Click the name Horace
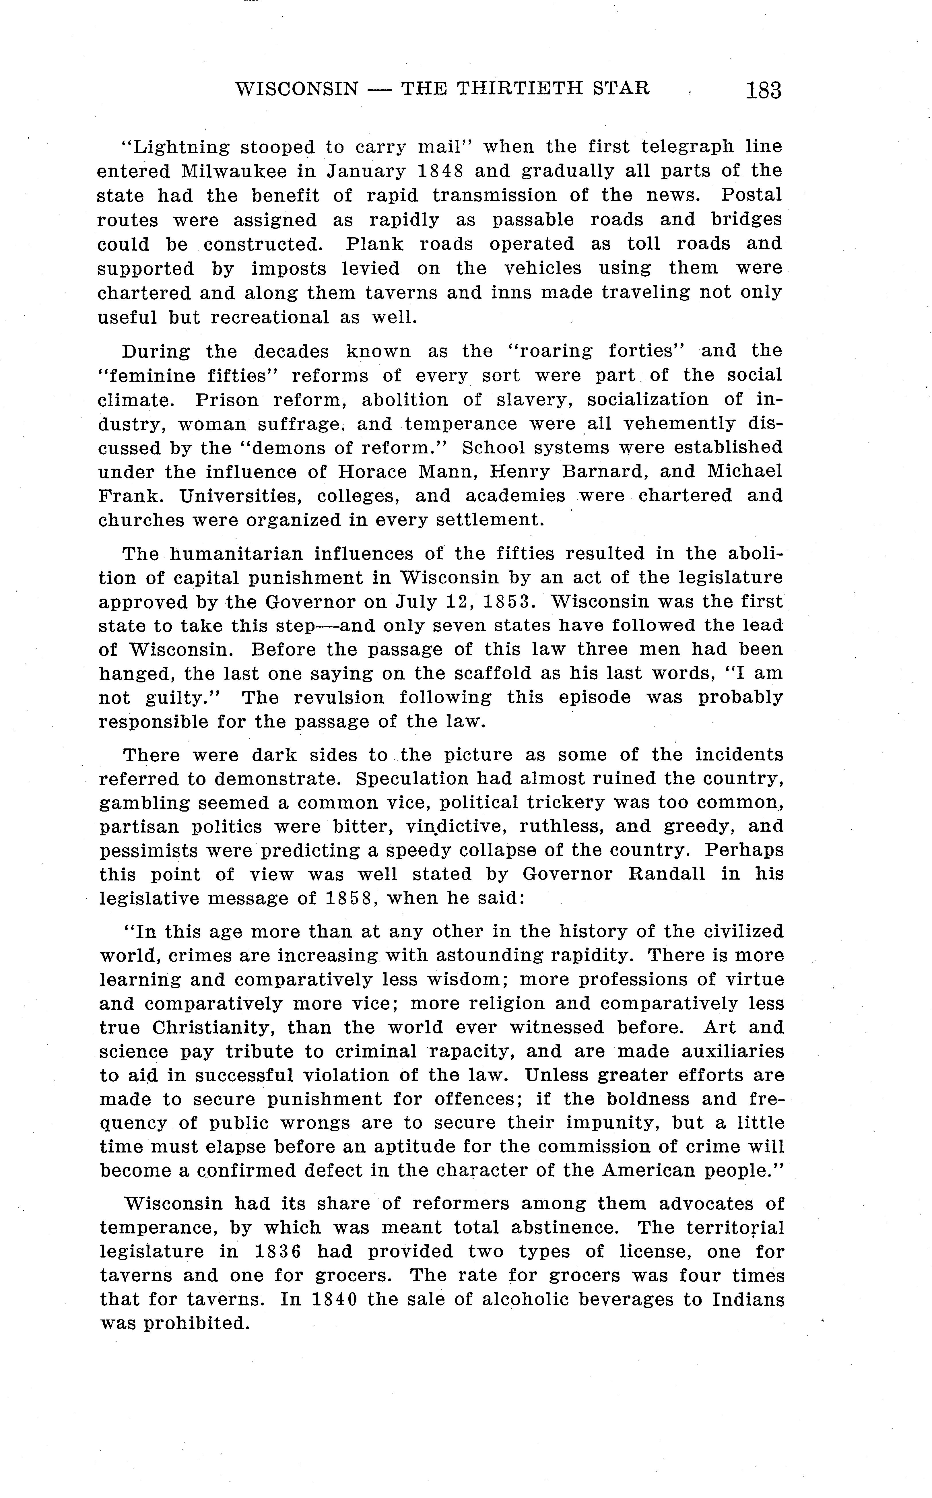coord(372,472)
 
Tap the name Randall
coord(666,875)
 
